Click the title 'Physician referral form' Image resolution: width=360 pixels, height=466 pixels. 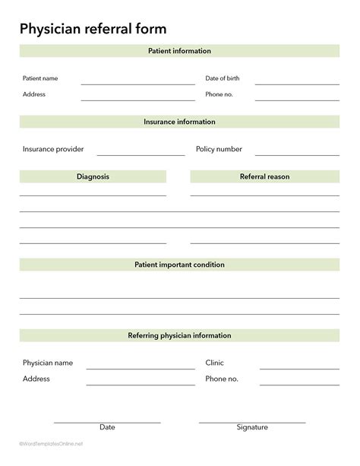[93, 28]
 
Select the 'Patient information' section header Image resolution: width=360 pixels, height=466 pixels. [179, 51]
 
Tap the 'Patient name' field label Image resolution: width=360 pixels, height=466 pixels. [40, 78]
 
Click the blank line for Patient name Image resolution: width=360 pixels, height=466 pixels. [137, 83]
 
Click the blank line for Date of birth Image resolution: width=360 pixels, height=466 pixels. [296, 83]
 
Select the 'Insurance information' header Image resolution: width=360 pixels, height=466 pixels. [179, 122]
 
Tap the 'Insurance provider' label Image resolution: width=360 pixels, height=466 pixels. [53, 149]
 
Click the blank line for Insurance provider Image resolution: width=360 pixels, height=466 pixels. [141, 154]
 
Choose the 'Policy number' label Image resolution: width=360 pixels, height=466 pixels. [219, 149]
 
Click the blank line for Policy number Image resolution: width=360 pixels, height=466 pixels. [297, 154]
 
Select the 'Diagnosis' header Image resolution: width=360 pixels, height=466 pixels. [93, 176]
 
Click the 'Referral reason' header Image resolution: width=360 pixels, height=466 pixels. [264, 176]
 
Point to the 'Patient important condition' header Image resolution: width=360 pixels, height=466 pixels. [179, 265]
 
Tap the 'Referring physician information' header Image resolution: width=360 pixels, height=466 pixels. [179, 335]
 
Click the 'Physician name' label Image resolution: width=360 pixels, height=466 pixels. [48, 363]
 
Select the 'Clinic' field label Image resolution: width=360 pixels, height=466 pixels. [214, 363]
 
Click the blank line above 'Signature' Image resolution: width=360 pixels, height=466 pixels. [252, 421]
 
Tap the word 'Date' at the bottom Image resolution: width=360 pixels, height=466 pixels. [107, 427]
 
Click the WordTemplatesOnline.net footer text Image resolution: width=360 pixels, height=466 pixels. [51, 443]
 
